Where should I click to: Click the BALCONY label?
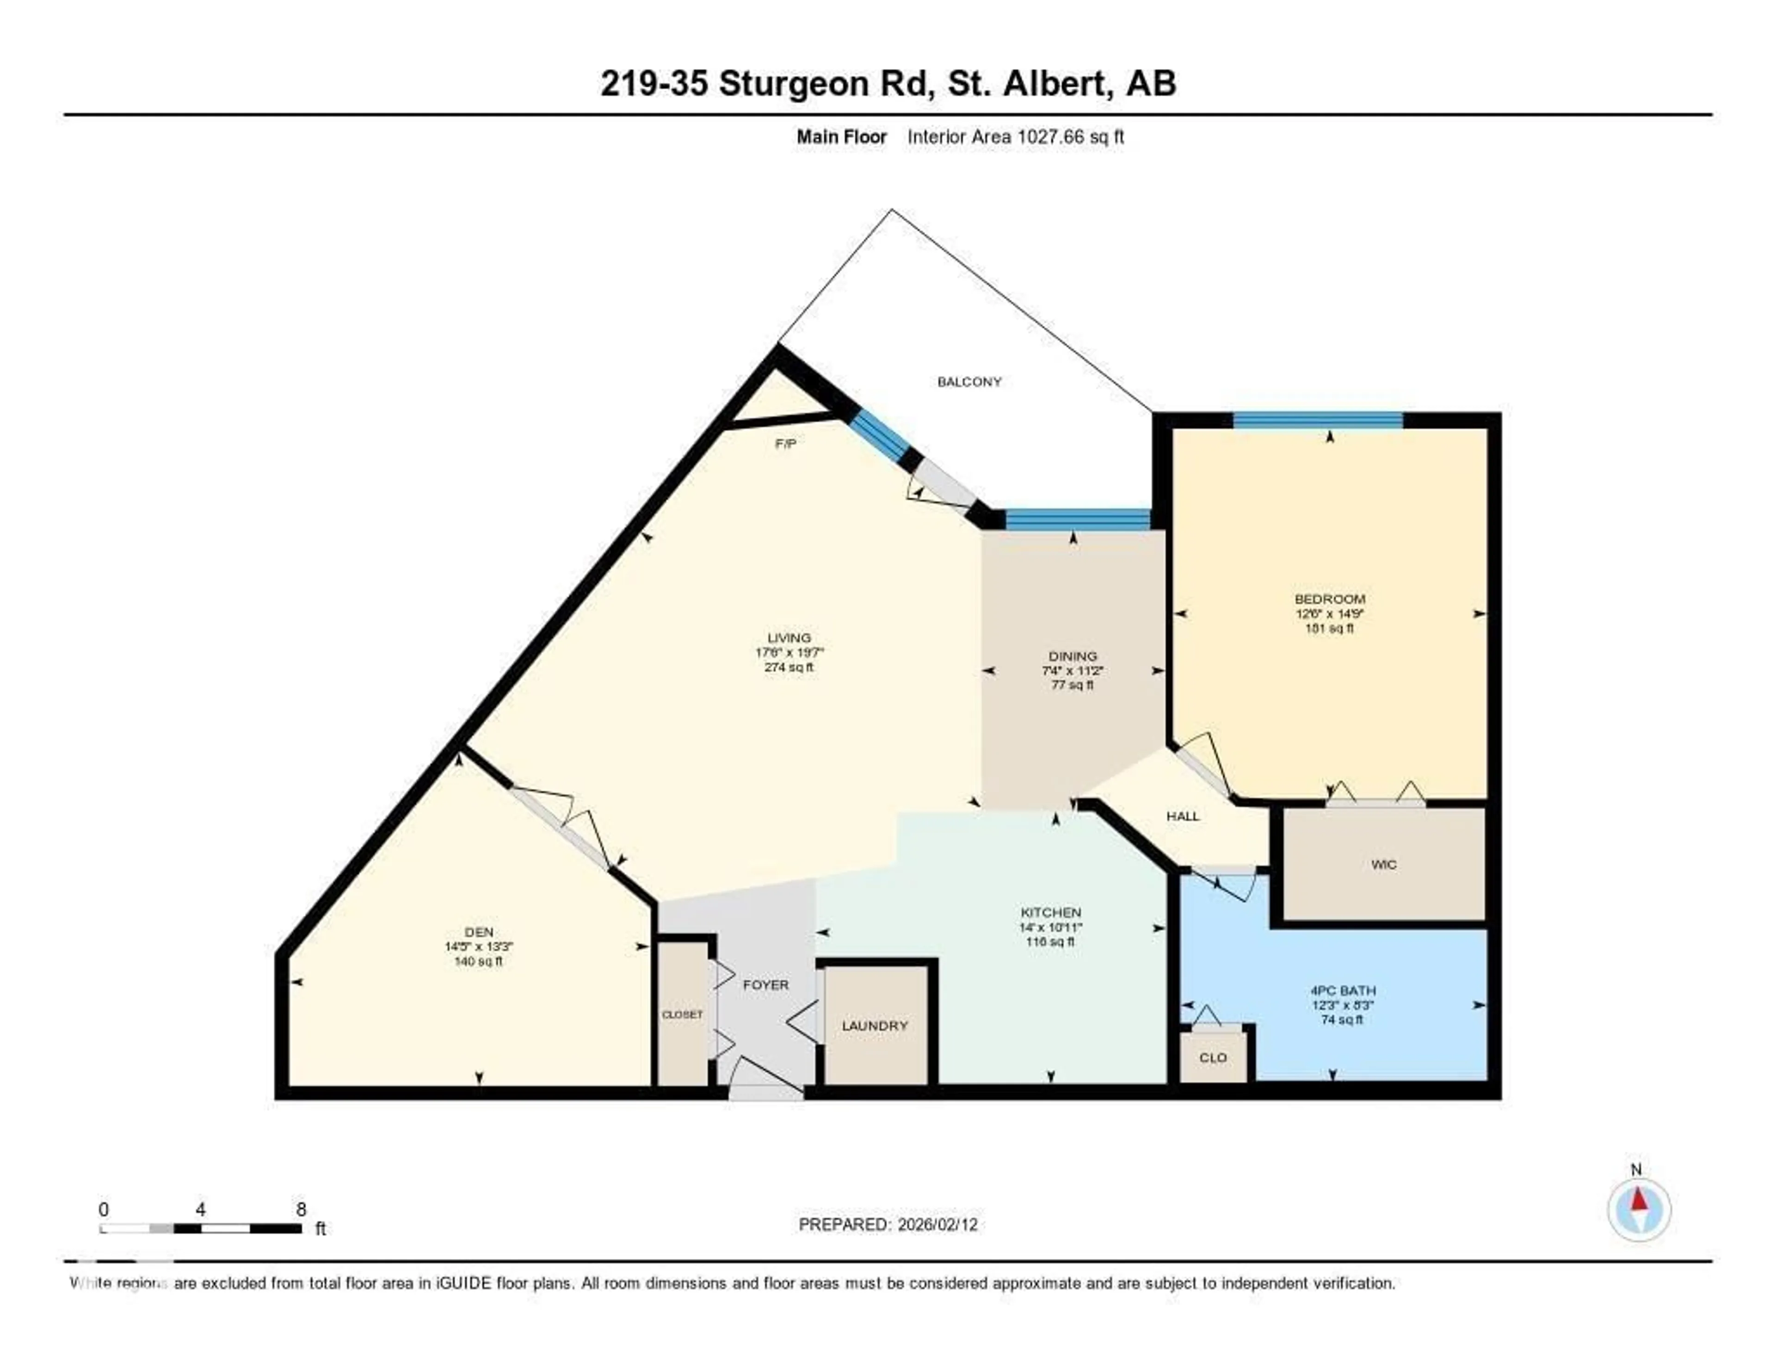[969, 382]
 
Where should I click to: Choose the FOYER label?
[765, 985]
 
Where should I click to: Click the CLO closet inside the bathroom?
[1213, 1057]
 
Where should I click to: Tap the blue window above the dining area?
[1078, 519]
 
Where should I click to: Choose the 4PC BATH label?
[1343, 990]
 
